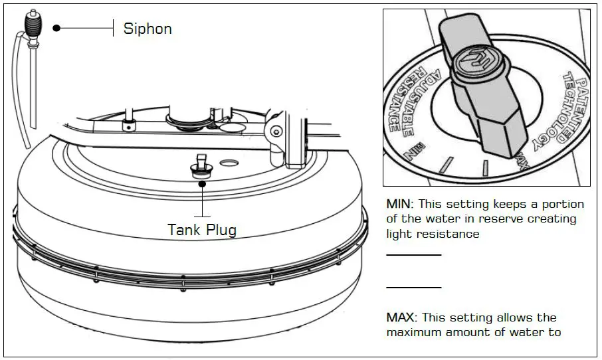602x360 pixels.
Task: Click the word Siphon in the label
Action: click(148, 29)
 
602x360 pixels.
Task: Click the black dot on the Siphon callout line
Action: click(57, 28)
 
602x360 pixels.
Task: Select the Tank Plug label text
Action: click(201, 230)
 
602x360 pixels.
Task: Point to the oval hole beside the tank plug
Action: click(229, 162)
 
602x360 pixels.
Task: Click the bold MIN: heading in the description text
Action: click(401, 204)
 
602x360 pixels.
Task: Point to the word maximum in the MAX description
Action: click(411, 332)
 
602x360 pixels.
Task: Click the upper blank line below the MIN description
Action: click(413, 254)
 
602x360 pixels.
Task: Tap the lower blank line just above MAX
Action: click(413, 288)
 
